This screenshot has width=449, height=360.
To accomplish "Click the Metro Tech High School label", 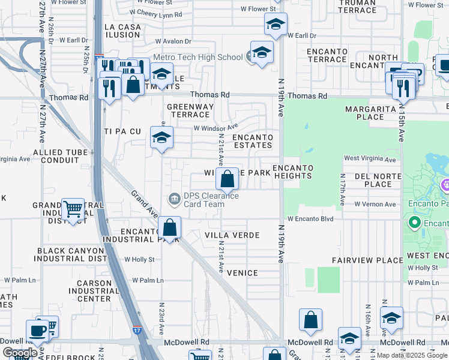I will click(197, 58).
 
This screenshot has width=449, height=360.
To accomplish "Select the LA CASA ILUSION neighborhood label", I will click(122, 31).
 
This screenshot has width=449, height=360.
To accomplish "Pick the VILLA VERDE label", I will click(232, 235).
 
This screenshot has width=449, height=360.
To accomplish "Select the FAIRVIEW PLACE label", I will click(368, 260).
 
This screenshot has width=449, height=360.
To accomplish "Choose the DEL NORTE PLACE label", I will click(378, 180).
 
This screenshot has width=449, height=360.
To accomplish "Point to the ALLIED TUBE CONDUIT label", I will click(61, 157).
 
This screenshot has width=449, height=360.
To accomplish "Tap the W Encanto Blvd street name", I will click(310, 219).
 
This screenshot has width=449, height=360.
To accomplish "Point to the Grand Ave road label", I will click(145, 205).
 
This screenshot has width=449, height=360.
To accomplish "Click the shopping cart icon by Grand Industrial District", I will click(73, 209).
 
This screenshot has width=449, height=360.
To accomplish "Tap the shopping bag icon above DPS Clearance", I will click(228, 178).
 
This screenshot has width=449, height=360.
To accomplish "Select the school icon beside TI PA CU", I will click(161, 137).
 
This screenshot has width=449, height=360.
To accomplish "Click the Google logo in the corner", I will click(19, 353).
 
